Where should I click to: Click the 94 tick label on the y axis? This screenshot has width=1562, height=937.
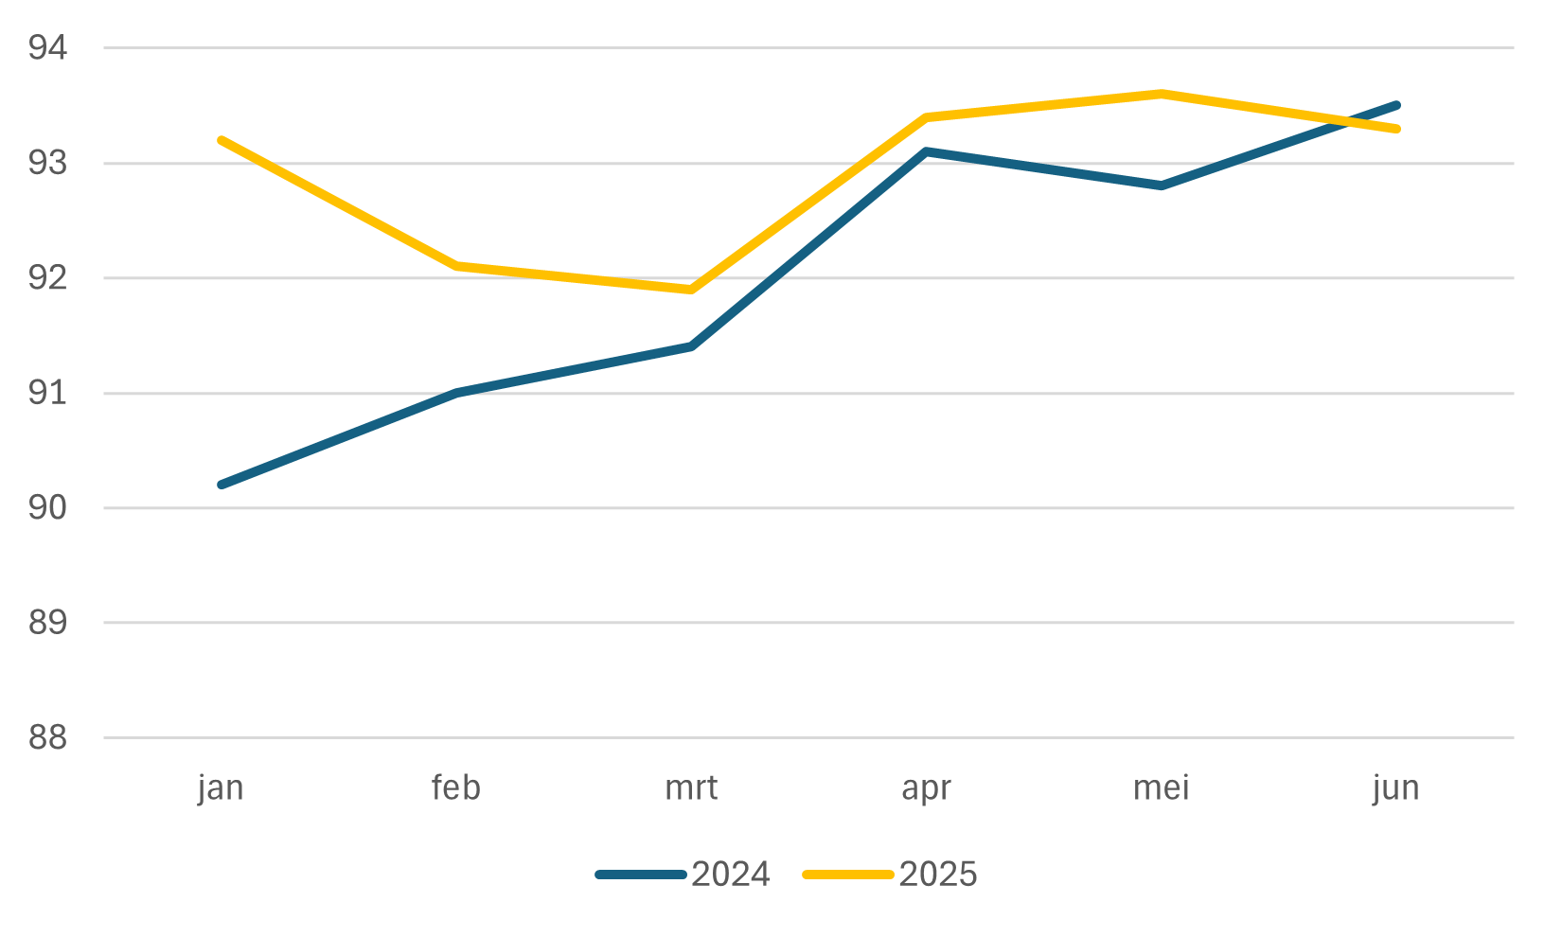pos(47,48)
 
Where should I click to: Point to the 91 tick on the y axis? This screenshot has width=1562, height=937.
pos(47,393)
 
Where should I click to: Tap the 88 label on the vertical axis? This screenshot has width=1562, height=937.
pos(47,737)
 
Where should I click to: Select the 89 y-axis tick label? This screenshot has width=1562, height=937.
pos(47,623)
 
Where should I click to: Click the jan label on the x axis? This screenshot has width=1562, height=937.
pos(221,788)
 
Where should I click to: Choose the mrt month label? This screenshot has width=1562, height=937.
pos(691,788)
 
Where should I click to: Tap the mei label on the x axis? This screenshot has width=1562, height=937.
pos(1161,787)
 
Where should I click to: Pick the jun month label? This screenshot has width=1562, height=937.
pos(1396,788)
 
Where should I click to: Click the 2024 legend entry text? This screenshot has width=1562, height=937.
pos(730,875)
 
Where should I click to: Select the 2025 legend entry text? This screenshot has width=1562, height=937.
pos(938,875)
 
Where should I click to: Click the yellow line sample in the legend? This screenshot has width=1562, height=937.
pos(848,875)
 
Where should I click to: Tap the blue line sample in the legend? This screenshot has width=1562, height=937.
pos(641,875)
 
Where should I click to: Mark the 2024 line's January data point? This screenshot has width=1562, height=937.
pos(222,485)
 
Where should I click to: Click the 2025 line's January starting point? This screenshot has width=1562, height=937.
pos(222,140)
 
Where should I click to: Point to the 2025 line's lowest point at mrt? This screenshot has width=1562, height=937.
pos(691,290)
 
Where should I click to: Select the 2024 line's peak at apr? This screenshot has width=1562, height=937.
pos(926,151)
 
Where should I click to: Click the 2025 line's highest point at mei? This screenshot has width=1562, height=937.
pos(1161,94)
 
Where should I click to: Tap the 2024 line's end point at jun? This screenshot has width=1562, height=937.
pos(1396,105)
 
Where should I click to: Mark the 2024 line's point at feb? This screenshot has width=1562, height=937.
pos(456,393)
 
